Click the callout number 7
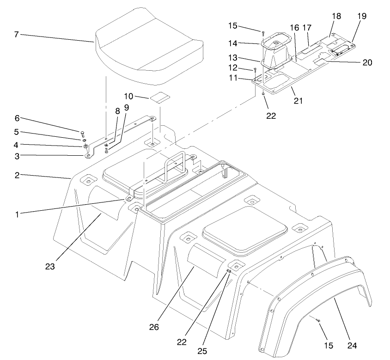pyautogui.click(x=16, y=35)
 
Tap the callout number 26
pyautogui.click(x=154, y=327)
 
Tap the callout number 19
pyautogui.click(x=361, y=16)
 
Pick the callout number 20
pyautogui.click(x=367, y=62)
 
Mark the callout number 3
pyautogui.click(x=16, y=157)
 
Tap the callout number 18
pyautogui.click(x=336, y=16)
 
